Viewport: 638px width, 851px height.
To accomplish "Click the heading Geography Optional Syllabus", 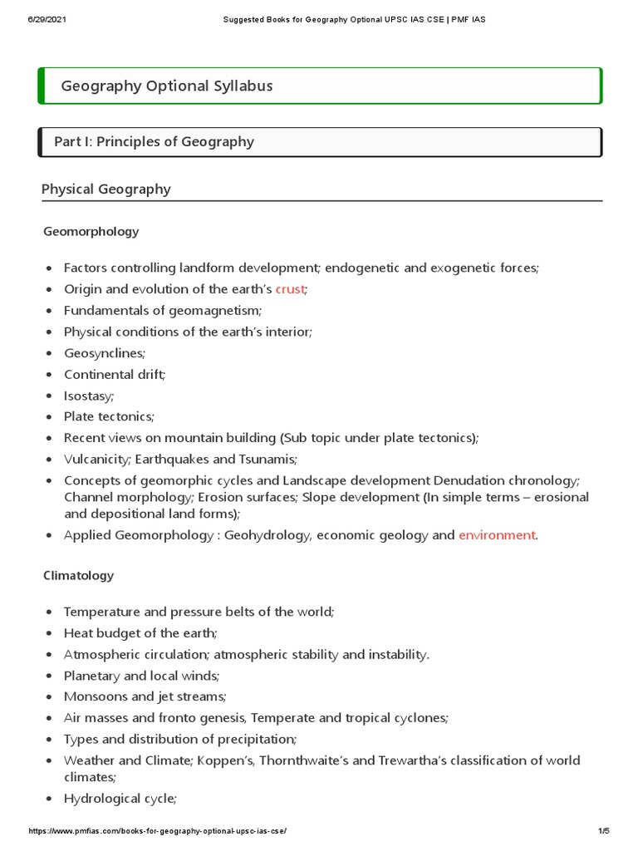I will (166, 86).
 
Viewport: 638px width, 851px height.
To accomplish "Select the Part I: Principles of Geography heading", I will (154, 141).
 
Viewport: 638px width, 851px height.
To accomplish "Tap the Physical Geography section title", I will (106, 189).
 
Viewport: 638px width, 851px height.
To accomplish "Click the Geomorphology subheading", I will (91, 231).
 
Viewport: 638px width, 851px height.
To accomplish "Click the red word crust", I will (290, 289).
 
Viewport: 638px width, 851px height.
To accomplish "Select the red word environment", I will (497, 535).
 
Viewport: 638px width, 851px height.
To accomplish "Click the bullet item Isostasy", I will (89, 396).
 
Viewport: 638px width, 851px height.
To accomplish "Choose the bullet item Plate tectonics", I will (109, 416).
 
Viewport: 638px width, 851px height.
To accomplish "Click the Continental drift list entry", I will (115, 374).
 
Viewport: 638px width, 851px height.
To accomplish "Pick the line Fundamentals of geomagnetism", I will (162, 310).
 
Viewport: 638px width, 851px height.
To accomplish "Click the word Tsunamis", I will (267, 459).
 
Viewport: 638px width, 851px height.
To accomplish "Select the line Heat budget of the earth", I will (140, 632).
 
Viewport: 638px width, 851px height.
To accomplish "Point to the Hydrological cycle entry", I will (120, 799).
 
